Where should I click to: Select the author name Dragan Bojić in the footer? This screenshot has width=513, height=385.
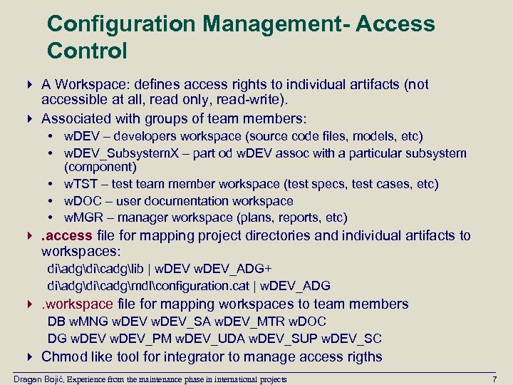43,379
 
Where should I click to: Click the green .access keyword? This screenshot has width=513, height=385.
67,235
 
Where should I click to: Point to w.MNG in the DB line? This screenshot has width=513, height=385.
88,321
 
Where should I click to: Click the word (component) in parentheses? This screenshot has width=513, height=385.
100,168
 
